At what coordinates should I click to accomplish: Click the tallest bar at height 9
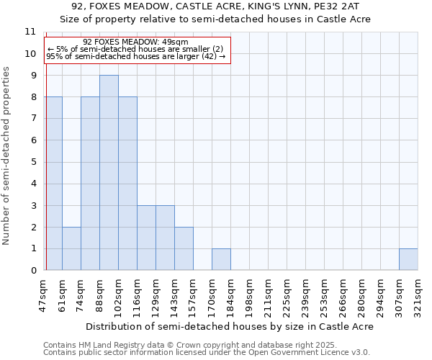[109, 173]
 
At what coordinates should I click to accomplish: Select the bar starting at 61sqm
[71, 248]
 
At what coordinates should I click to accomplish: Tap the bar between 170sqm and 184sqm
[221, 259]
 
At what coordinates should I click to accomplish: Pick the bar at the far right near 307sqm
[408, 259]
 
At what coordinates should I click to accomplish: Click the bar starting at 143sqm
[184, 248]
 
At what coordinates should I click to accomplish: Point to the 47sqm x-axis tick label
[43, 296]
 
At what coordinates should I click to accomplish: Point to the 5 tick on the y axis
[32, 162]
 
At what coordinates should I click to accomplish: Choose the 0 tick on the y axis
[32, 271]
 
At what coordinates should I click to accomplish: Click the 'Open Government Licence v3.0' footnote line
[207, 352]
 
